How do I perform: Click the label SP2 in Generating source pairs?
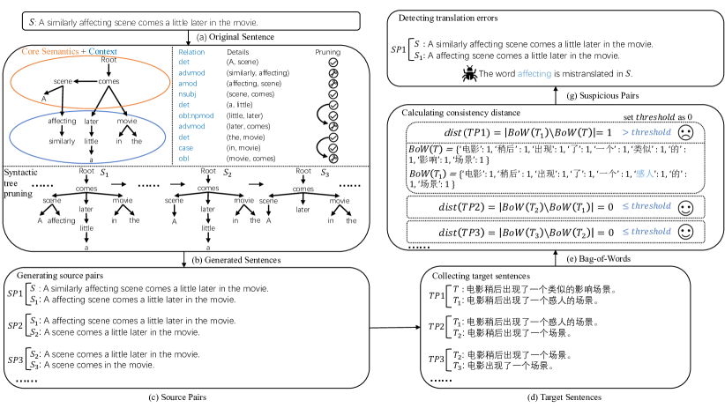[x=16, y=326]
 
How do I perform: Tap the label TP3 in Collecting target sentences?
[x=437, y=360]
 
